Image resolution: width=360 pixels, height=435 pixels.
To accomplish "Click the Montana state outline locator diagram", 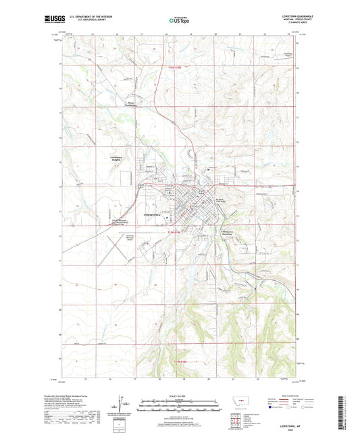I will pos(239,407).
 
